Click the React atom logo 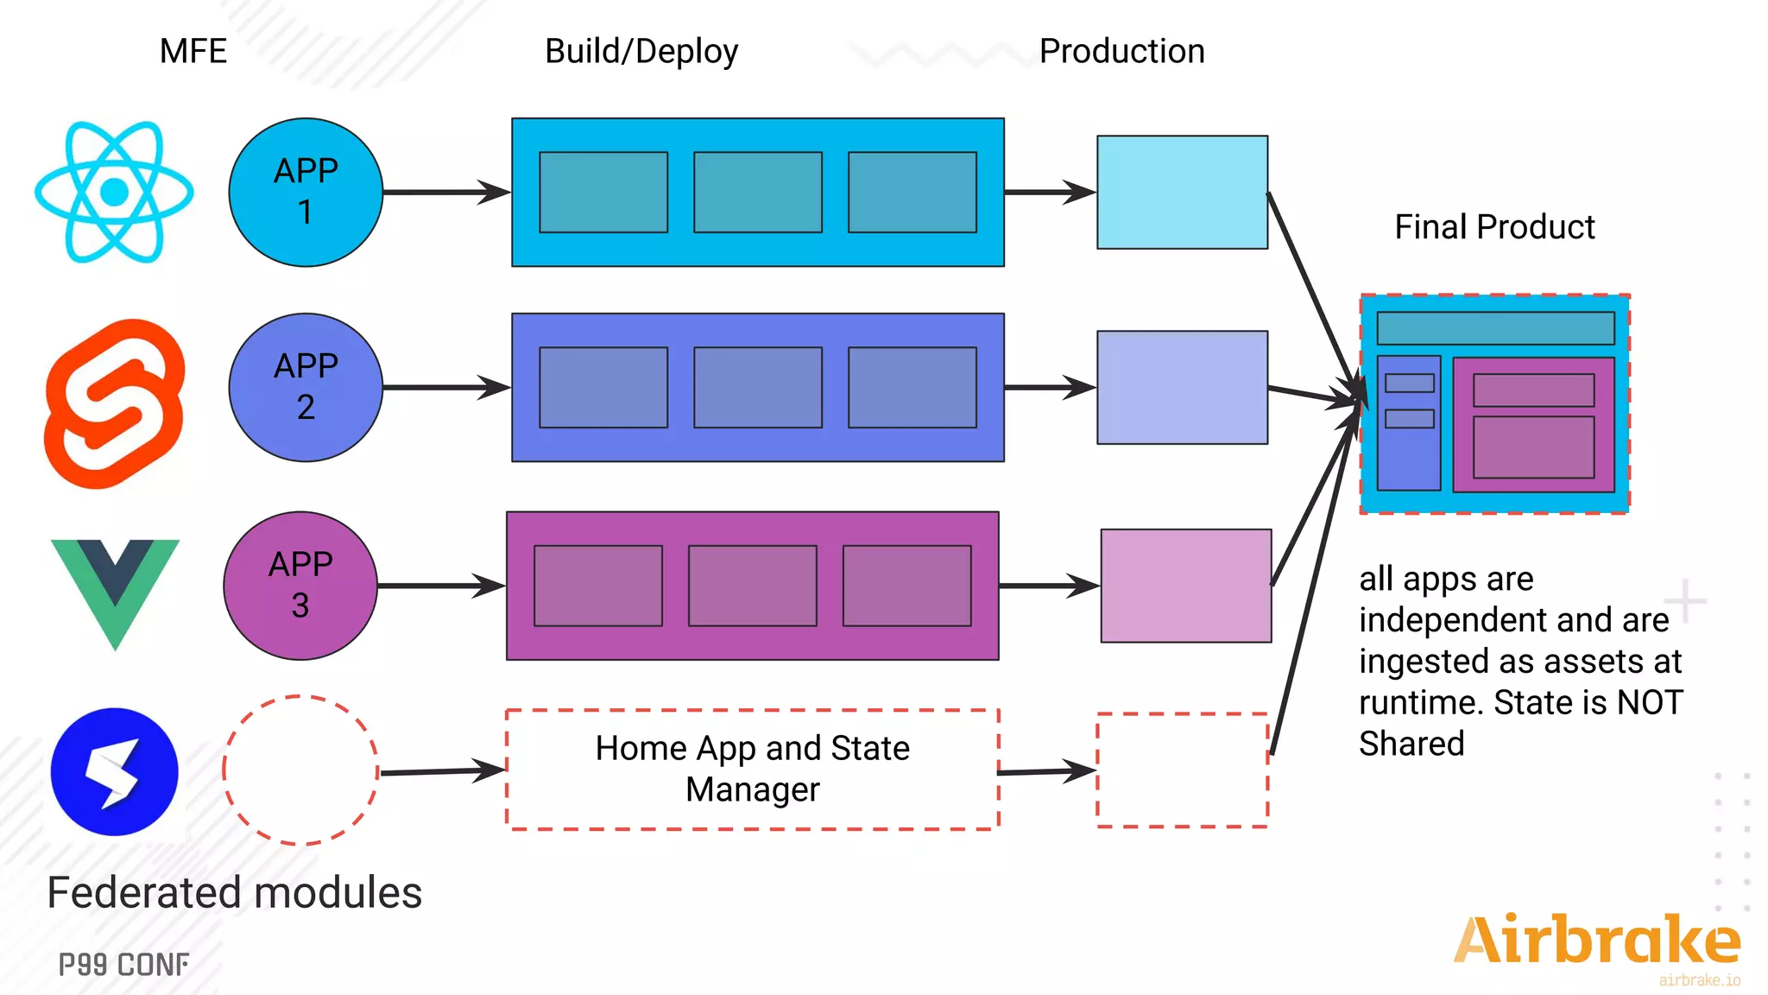[114, 192]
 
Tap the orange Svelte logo [114, 402]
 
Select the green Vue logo [115, 587]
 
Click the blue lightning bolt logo [115, 771]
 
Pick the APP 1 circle [306, 192]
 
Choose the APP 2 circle [306, 387]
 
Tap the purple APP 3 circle [300, 586]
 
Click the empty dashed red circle [300, 770]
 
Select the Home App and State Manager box [752, 769]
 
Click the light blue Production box [1182, 192]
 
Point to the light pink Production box [1185, 586]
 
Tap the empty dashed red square [1182, 770]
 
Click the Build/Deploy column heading [641, 51]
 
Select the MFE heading [193, 51]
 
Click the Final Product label [1494, 227]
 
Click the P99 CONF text [124, 965]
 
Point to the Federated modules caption [235, 893]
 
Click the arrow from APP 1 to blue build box [445, 192]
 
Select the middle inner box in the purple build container [752, 586]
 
